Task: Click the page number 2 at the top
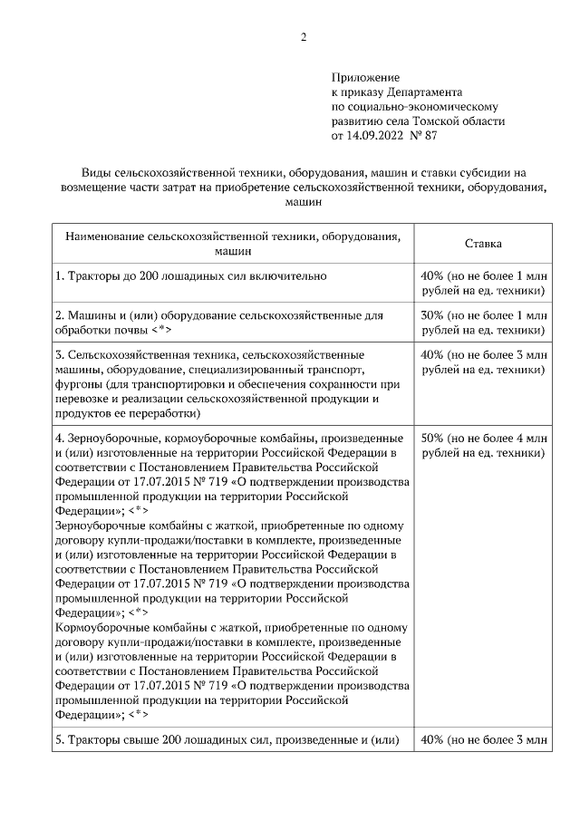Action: pos(304,38)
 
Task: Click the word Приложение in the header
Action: pos(365,79)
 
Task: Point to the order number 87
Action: pos(430,136)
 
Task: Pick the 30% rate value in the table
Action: pos(432,314)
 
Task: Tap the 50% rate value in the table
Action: pos(432,439)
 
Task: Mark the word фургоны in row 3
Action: pos(81,384)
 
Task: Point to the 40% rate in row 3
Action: pos(432,354)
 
